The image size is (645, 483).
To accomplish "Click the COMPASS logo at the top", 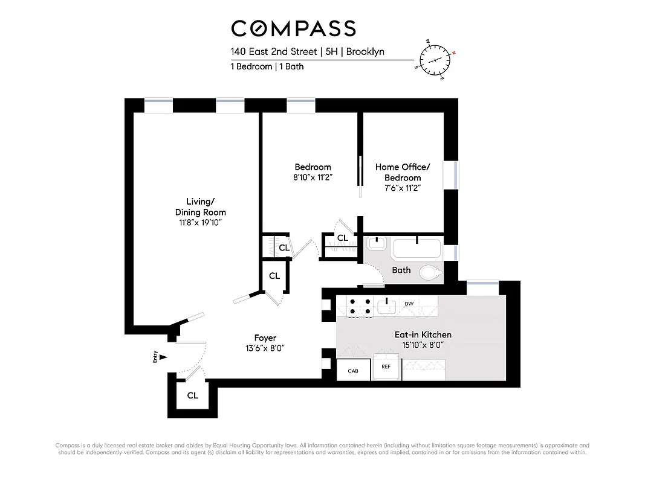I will click(294, 28).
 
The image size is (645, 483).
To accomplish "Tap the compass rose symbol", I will click(435, 60).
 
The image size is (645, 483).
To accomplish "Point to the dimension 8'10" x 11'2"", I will click(313, 177).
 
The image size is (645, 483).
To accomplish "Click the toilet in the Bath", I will click(430, 273).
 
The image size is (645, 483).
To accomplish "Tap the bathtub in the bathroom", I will click(417, 248).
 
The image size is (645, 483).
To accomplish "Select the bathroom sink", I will click(376, 244).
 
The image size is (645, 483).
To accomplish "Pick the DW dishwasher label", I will click(409, 303).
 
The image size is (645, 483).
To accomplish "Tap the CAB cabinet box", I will click(353, 371).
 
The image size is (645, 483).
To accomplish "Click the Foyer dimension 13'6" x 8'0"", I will click(265, 348).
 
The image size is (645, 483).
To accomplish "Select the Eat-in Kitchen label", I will click(423, 334).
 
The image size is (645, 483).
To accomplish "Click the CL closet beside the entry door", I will click(192, 396).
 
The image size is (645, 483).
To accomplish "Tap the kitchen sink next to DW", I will click(386, 302).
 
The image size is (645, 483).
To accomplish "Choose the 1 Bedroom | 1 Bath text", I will click(267, 66).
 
